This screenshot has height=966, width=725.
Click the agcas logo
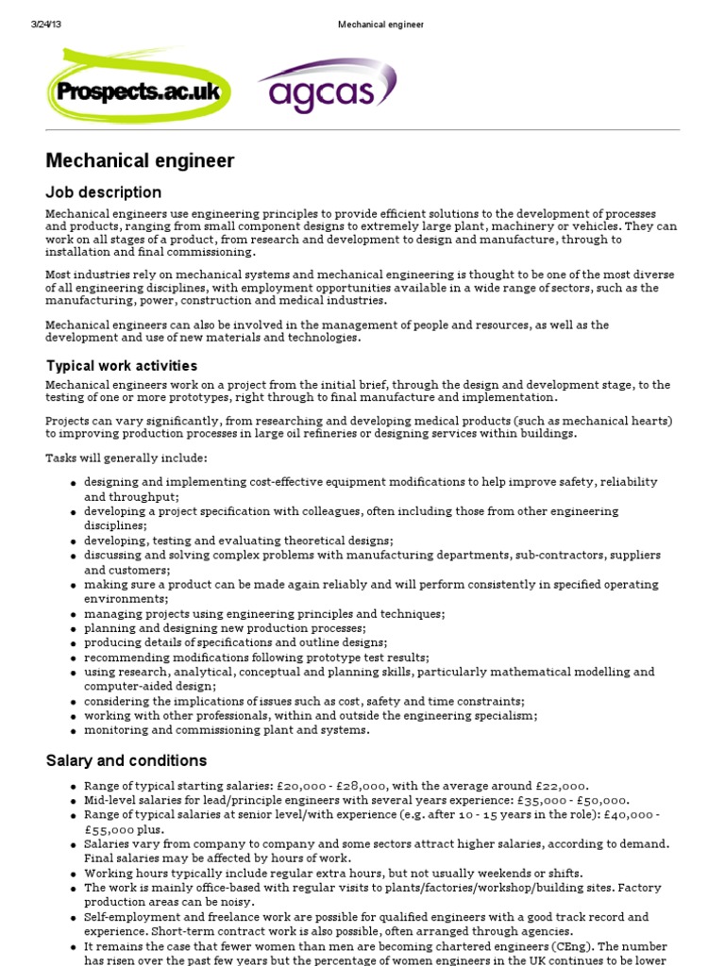326,87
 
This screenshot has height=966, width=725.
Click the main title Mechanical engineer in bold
140,161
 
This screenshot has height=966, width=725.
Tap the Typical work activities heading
122,365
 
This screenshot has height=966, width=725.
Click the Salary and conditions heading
126,760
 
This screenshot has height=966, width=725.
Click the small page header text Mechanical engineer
380,25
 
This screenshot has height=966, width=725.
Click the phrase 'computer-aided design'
146,687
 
